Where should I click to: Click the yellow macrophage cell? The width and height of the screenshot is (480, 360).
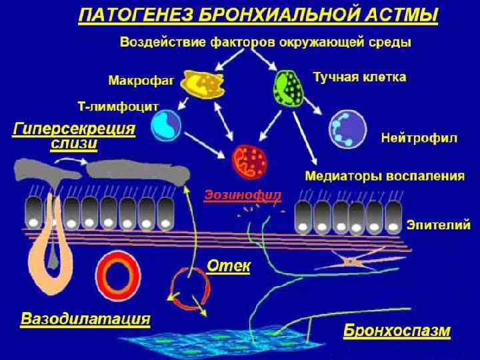201,85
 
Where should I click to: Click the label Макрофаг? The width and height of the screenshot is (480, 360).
141,81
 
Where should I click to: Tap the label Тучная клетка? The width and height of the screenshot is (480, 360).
359,77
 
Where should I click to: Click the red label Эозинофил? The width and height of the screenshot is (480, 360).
242,195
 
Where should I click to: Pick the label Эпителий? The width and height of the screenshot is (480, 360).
439,225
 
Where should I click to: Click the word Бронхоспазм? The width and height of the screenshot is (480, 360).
397,331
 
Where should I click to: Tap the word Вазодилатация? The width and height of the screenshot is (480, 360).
85,317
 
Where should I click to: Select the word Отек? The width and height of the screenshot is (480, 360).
228,266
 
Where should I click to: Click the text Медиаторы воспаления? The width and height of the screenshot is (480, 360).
384,177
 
